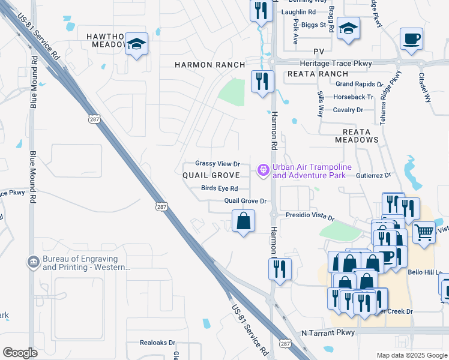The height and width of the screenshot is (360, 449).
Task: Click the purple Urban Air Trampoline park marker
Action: [x=262, y=171]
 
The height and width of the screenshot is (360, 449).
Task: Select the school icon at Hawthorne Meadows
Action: [x=137, y=44]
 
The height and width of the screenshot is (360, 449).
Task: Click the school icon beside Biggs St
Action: [x=348, y=28]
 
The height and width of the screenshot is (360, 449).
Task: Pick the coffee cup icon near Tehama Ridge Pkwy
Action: [x=411, y=39]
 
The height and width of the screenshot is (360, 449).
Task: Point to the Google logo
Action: [x=20, y=352]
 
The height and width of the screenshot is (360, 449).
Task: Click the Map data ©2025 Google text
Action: [x=412, y=355]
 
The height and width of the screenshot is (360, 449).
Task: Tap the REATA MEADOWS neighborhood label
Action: [x=360, y=135]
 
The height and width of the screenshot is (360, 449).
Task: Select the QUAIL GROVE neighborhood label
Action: [x=211, y=175]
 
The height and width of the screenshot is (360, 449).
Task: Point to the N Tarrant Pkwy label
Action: [x=328, y=332]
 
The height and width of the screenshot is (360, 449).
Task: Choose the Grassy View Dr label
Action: [x=217, y=163]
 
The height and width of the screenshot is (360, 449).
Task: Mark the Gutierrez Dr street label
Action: [x=373, y=175]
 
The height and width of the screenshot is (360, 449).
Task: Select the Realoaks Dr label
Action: [x=157, y=343]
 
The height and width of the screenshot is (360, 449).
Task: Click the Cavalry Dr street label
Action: [x=348, y=110]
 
